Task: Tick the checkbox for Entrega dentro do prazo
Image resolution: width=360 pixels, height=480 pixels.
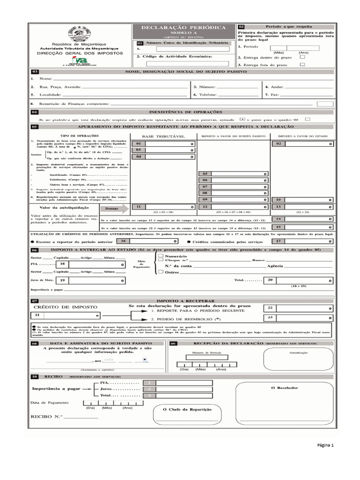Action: pyautogui.click(x=302, y=57)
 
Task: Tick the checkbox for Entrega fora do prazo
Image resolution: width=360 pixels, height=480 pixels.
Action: pyautogui.click(x=302, y=64)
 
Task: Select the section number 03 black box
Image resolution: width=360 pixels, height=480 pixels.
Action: pyautogui.click(x=35, y=72)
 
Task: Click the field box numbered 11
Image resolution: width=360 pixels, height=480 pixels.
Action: pyautogui.click(x=163, y=207)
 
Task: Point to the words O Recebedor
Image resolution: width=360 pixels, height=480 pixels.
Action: pyautogui.click(x=285, y=388)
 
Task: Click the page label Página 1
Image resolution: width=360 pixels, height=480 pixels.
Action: pyautogui.click(x=325, y=445)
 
